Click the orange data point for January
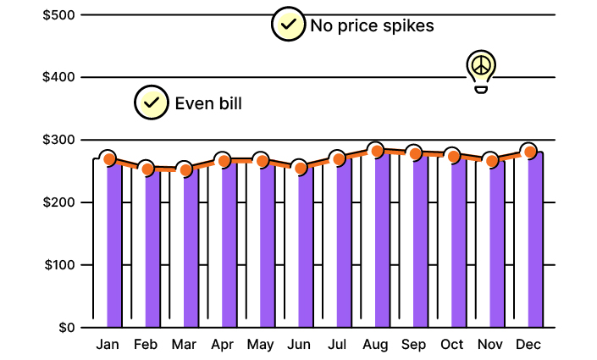(108, 159)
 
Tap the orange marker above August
(376, 152)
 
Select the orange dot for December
(529, 152)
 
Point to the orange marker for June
(300, 168)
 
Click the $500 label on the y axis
(58, 15)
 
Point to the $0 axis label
(65, 328)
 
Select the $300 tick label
(58, 140)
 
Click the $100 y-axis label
(58, 265)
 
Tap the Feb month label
(146, 345)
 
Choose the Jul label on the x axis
(337, 345)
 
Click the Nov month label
(490, 345)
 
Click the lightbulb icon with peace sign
(481, 69)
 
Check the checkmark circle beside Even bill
(151, 103)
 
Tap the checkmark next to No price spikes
(288, 25)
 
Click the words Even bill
(208, 104)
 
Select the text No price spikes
(372, 25)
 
